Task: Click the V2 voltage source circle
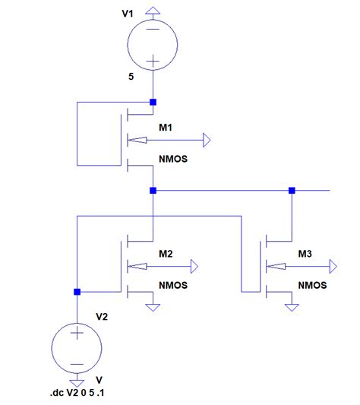pos(77,346)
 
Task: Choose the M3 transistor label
pos(305,254)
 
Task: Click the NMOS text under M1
pos(174,160)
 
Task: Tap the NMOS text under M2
pos(174,286)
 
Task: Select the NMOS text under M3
pos(312,286)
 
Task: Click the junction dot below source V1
pos(153,102)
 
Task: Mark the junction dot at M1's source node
pos(153,190)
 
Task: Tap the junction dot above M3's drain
pos(292,190)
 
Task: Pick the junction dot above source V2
pos(77,291)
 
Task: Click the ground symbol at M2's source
pos(153,307)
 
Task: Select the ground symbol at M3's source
pos(292,307)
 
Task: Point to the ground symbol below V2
pos(77,382)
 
